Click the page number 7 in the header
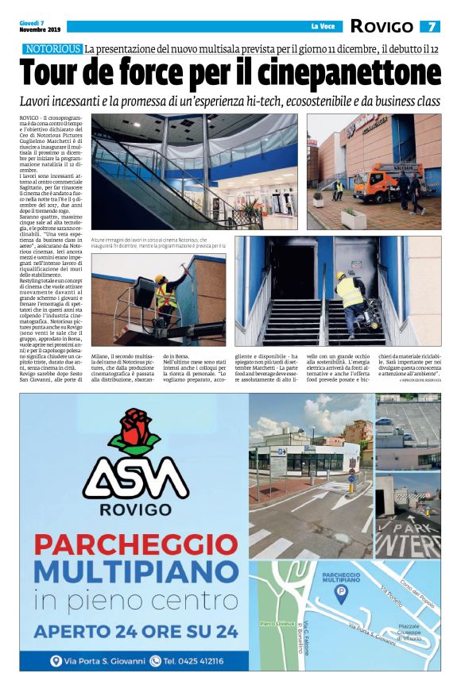430,26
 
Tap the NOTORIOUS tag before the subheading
52,49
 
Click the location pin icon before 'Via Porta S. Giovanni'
56,660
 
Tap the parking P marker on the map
340,593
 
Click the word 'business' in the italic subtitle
370,102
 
